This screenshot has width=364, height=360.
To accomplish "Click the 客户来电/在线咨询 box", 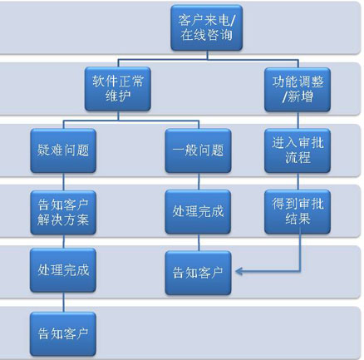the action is click(207, 27).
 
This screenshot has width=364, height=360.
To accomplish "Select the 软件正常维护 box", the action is click(118, 89).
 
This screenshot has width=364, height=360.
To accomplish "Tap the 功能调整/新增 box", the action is click(298, 90).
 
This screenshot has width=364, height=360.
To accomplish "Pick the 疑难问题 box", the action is click(63, 150).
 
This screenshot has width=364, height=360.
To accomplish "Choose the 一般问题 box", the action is click(198, 150).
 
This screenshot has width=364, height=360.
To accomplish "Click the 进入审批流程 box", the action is click(298, 150).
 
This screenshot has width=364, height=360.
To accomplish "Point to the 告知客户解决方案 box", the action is click(63, 213).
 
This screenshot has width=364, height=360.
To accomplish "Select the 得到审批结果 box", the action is click(298, 212).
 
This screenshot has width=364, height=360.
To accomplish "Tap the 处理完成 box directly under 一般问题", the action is click(198, 212).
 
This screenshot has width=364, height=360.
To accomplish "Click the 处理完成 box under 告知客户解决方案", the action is click(63, 270).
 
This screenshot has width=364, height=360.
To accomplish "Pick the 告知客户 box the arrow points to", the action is click(198, 273).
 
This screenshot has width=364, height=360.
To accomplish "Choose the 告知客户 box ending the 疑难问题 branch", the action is click(63, 334).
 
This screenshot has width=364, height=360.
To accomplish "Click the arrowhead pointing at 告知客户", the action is click(239, 271).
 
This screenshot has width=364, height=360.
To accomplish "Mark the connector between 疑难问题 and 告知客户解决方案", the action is click(63, 182).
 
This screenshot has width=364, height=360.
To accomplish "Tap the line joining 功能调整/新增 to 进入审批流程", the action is click(298, 121).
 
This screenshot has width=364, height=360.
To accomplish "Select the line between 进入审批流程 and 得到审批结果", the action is click(298, 181).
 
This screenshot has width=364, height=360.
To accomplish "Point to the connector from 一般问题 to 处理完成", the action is click(199, 181).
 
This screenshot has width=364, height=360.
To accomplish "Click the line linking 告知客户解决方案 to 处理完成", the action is click(63, 241).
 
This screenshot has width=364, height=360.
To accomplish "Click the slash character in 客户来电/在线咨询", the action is click(232, 21).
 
